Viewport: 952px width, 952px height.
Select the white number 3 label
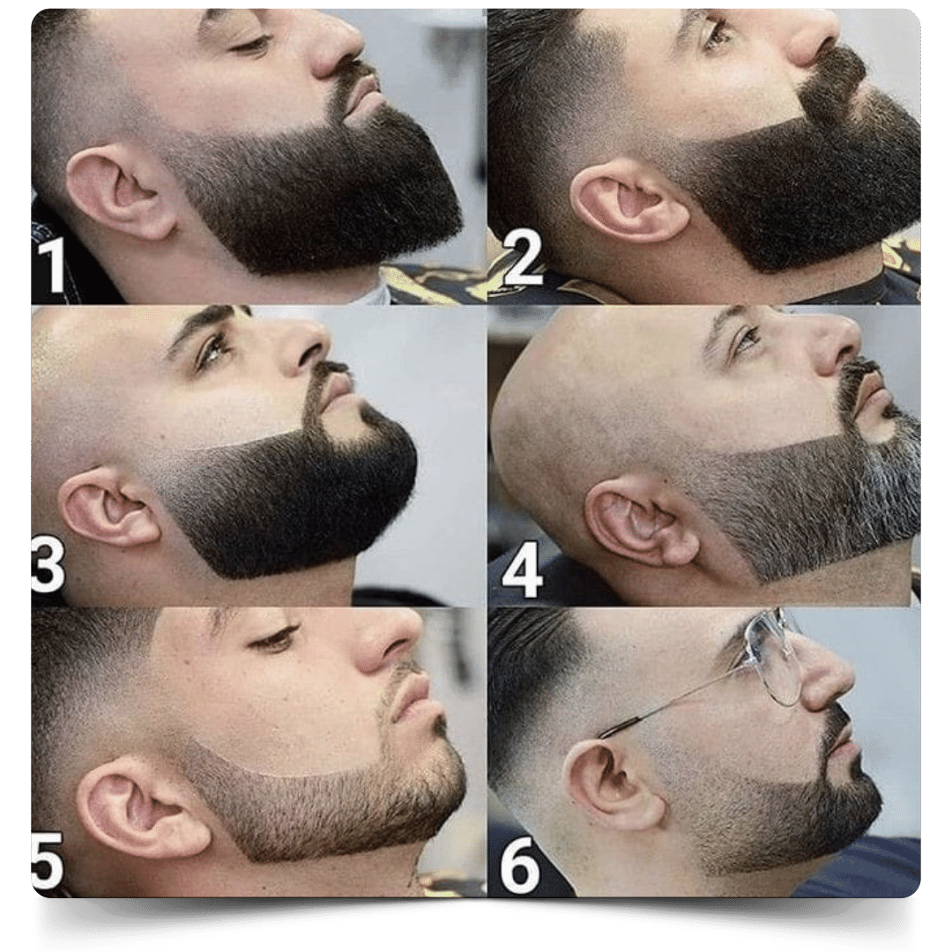point(48,565)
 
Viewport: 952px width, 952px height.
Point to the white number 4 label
point(522,573)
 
